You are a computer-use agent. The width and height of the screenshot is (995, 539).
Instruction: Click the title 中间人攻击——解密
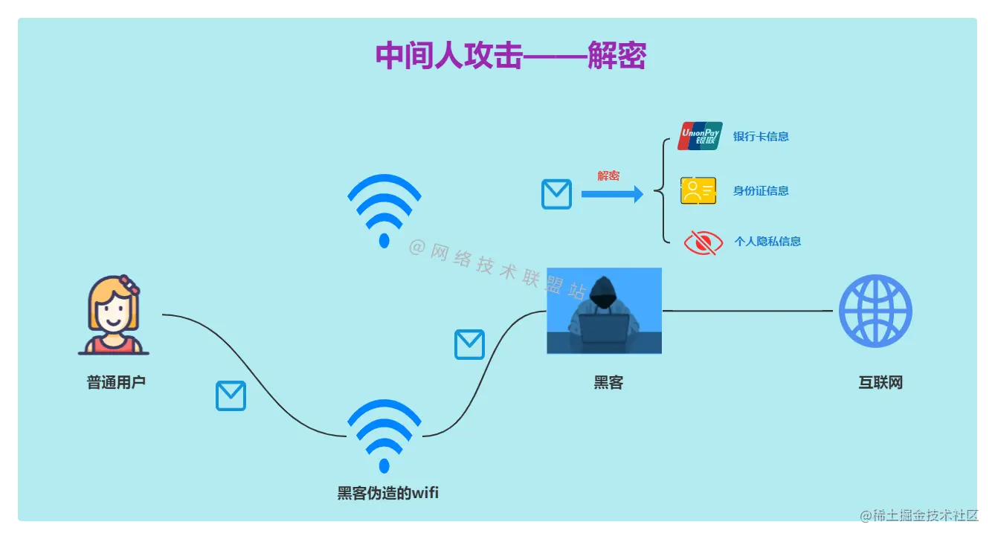(510, 57)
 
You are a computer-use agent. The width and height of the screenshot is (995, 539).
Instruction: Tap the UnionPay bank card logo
(700, 136)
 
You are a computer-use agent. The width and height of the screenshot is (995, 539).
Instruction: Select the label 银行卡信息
(761, 137)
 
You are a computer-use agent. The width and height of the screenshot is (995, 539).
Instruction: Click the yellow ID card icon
(698, 190)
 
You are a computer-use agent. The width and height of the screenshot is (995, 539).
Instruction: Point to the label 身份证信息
(761, 191)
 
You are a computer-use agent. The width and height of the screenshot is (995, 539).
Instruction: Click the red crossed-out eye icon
(703, 242)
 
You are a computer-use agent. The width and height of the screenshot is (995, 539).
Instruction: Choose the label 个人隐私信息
(767, 242)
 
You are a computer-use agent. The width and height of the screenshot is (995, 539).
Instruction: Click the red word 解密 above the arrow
(608, 176)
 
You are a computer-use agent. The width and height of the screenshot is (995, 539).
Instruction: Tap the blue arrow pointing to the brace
(611, 195)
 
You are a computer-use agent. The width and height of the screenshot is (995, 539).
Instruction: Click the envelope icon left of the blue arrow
(556, 194)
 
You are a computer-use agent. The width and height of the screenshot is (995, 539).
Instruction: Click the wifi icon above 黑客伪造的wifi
(384, 436)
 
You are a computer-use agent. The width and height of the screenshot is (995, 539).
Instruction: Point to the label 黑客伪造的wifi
(387, 492)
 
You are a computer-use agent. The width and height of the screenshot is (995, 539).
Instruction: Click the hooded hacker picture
(604, 311)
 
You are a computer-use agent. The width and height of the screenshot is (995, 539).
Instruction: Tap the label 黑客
(608, 383)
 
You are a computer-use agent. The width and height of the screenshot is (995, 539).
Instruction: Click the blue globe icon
(875, 312)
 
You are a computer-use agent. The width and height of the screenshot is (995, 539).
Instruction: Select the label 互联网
(880, 383)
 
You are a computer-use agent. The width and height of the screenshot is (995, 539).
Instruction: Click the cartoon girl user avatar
(114, 316)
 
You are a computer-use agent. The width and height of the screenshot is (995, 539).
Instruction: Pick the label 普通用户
(116, 383)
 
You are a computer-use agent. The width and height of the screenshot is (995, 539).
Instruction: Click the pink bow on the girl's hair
(132, 285)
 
